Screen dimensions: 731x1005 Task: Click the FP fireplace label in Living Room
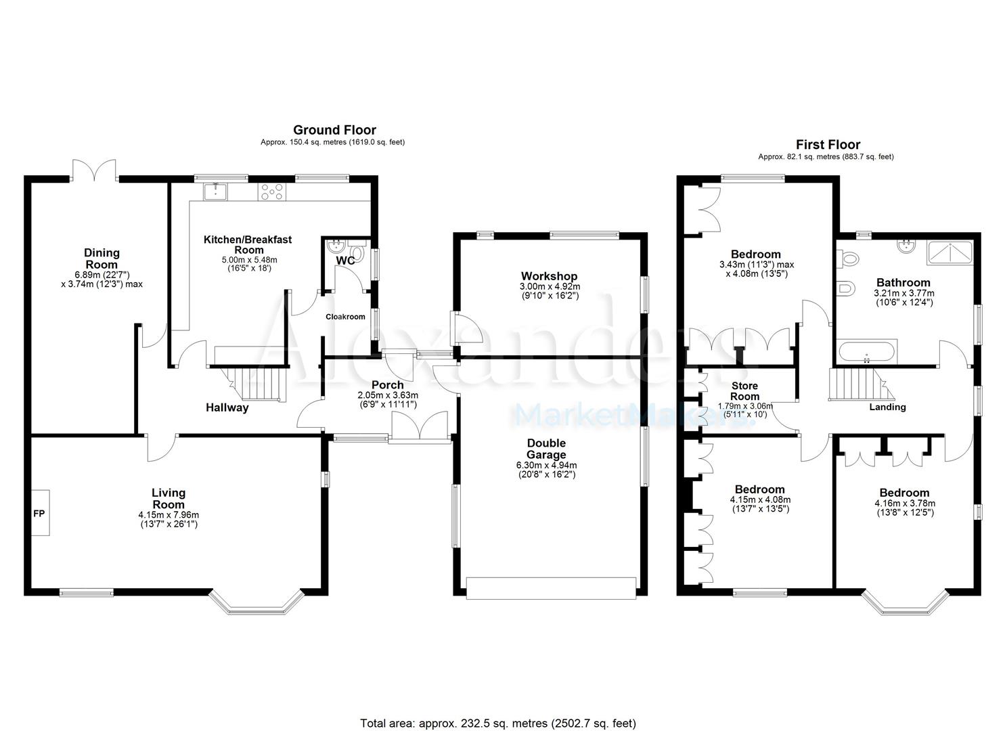[x=39, y=514]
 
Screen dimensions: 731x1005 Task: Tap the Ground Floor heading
[x=334, y=130]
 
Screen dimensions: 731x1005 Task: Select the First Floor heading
[x=828, y=144]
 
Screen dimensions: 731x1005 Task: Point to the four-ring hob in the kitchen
[x=272, y=192]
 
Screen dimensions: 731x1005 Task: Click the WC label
[x=345, y=261]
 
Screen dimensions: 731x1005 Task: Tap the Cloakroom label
[x=345, y=317]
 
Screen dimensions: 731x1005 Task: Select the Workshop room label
[x=549, y=276]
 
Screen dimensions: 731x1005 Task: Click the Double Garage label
[x=546, y=449]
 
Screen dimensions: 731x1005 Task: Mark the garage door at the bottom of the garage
[x=551, y=588]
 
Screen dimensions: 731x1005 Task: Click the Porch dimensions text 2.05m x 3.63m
[x=388, y=395]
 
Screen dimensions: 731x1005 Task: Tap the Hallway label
[x=227, y=407]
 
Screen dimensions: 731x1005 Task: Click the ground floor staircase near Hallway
[x=257, y=384]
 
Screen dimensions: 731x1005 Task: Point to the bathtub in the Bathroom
[x=866, y=352]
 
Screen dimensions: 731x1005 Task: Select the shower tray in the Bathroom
[x=950, y=252]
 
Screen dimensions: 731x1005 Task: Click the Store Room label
[x=744, y=391]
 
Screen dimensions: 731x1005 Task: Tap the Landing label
[x=887, y=407]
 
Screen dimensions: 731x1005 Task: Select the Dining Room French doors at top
[x=95, y=171]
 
